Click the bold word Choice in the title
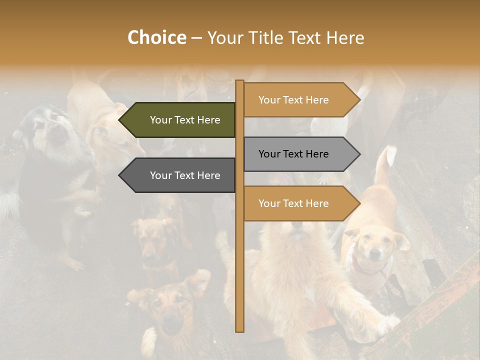156,37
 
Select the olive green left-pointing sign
180,120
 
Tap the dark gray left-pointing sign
180,175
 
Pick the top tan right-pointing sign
297,100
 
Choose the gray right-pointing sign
297,154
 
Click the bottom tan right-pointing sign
297,203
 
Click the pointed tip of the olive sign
120,120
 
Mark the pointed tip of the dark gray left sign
120,175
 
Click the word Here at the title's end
345,37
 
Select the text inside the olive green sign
185,120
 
